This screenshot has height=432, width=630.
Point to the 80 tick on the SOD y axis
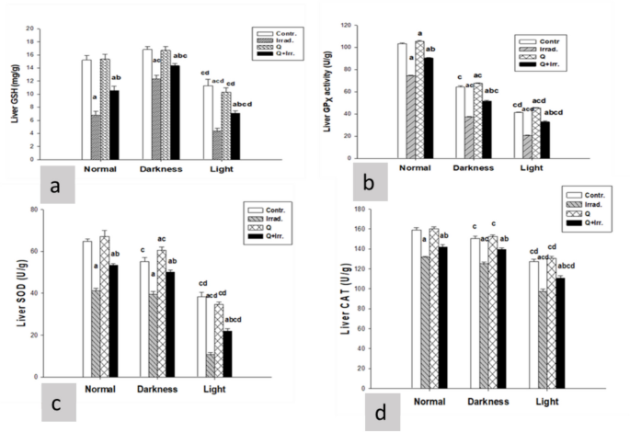pos(36,210)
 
